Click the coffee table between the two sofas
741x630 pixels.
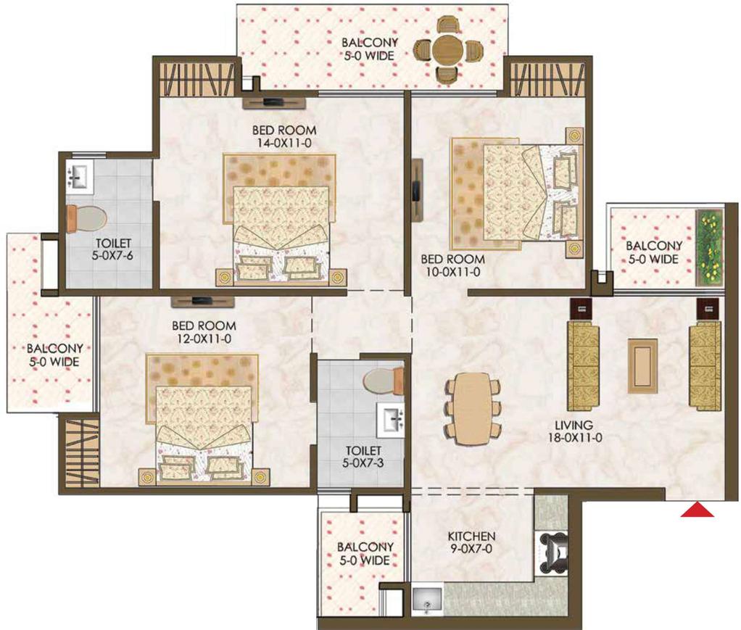tap(642, 365)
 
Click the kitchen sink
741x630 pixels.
tap(427, 600)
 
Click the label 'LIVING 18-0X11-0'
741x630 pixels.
tap(572, 431)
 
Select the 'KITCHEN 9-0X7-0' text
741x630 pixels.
tap(471, 542)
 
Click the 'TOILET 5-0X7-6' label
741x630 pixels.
tap(113, 249)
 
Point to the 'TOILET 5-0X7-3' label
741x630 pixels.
tap(363, 457)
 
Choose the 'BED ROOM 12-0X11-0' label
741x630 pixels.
tap(204, 332)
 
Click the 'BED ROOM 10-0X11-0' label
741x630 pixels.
tap(452, 265)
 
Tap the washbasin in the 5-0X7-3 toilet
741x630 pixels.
tap(390, 420)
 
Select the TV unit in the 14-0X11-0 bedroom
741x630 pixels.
tap(275, 102)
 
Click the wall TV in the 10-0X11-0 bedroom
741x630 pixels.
tap(416, 190)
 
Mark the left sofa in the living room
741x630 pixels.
tap(583, 367)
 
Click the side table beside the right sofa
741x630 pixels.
tap(708, 310)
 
